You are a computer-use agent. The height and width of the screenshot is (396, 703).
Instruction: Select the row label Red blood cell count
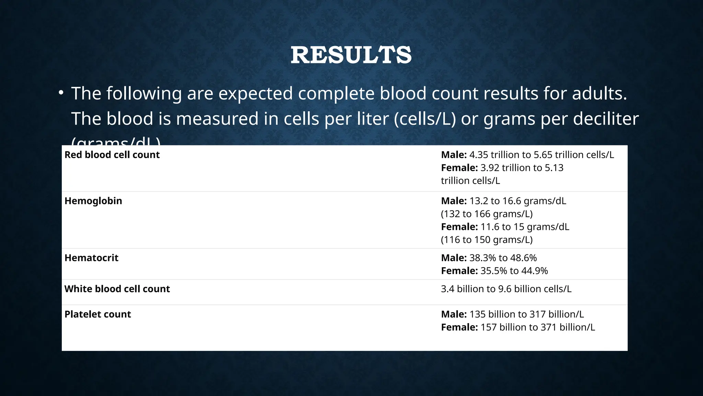(x=112, y=155)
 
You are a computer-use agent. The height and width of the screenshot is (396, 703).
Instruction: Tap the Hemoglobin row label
(x=93, y=201)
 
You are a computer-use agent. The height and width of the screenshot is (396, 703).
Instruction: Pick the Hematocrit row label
(x=91, y=258)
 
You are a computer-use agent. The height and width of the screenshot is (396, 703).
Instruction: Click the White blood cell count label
(x=117, y=289)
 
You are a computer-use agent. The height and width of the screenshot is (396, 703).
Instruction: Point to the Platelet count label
(x=97, y=314)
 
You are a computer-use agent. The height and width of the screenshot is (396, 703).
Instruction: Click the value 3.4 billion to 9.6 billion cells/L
(x=506, y=289)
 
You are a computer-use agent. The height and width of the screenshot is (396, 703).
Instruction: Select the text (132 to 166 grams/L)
(x=486, y=214)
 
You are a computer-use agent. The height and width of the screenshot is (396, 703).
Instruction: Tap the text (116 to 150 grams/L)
(x=486, y=240)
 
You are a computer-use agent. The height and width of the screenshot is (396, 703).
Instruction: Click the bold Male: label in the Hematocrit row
(x=453, y=258)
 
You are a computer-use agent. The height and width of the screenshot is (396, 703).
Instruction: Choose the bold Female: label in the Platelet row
(x=459, y=327)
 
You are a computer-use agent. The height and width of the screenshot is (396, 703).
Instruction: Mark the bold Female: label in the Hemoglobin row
(x=459, y=227)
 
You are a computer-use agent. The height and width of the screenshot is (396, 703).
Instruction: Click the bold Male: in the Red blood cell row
(x=453, y=155)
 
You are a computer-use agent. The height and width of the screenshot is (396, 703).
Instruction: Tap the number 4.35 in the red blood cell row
(x=479, y=155)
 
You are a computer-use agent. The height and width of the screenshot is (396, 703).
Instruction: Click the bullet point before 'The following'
(x=61, y=93)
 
